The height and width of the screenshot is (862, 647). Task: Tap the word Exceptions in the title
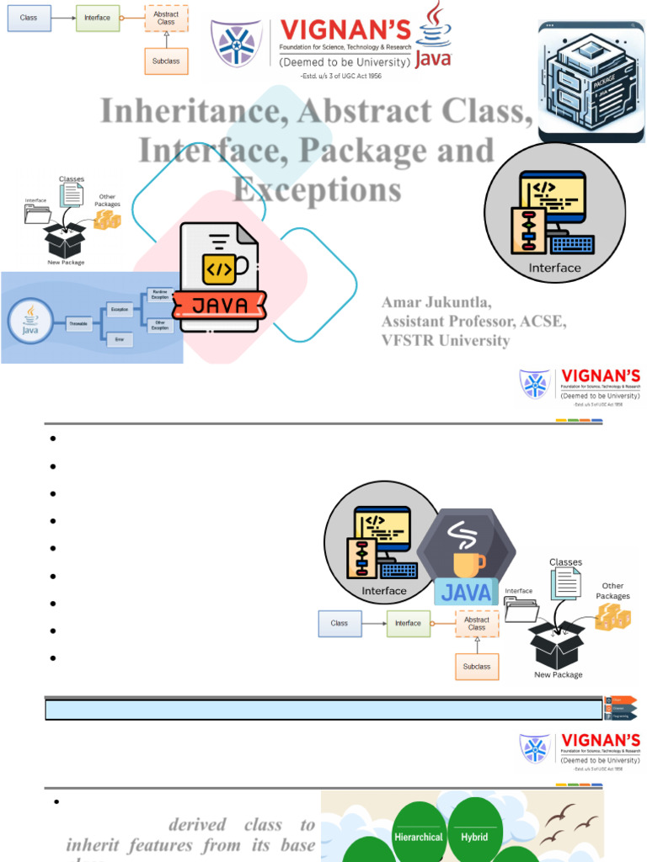tap(317, 189)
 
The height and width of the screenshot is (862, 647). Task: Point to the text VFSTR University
tap(446, 340)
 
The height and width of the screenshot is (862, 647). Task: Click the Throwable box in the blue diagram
tap(78, 323)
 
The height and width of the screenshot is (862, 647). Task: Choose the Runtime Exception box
tap(159, 294)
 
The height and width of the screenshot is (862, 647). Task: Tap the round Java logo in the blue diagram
tap(30, 322)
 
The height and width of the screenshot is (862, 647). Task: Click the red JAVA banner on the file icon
tap(220, 306)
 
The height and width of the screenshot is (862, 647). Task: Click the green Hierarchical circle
tap(419, 837)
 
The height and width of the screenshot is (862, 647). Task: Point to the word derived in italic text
tap(196, 825)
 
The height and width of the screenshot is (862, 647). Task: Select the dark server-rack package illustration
tap(591, 82)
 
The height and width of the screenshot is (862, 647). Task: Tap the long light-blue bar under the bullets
tap(323, 710)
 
